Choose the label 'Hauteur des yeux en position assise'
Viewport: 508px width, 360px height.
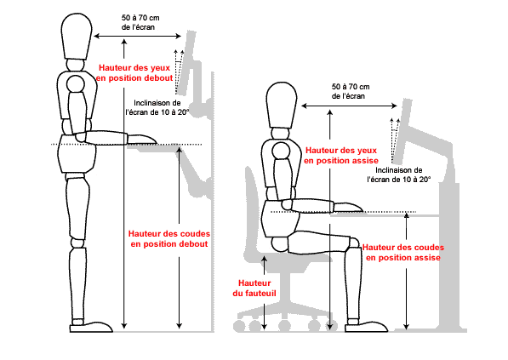coord(340,154)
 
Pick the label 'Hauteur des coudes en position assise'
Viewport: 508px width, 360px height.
coord(401,252)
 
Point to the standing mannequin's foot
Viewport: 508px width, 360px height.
coord(92,324)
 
